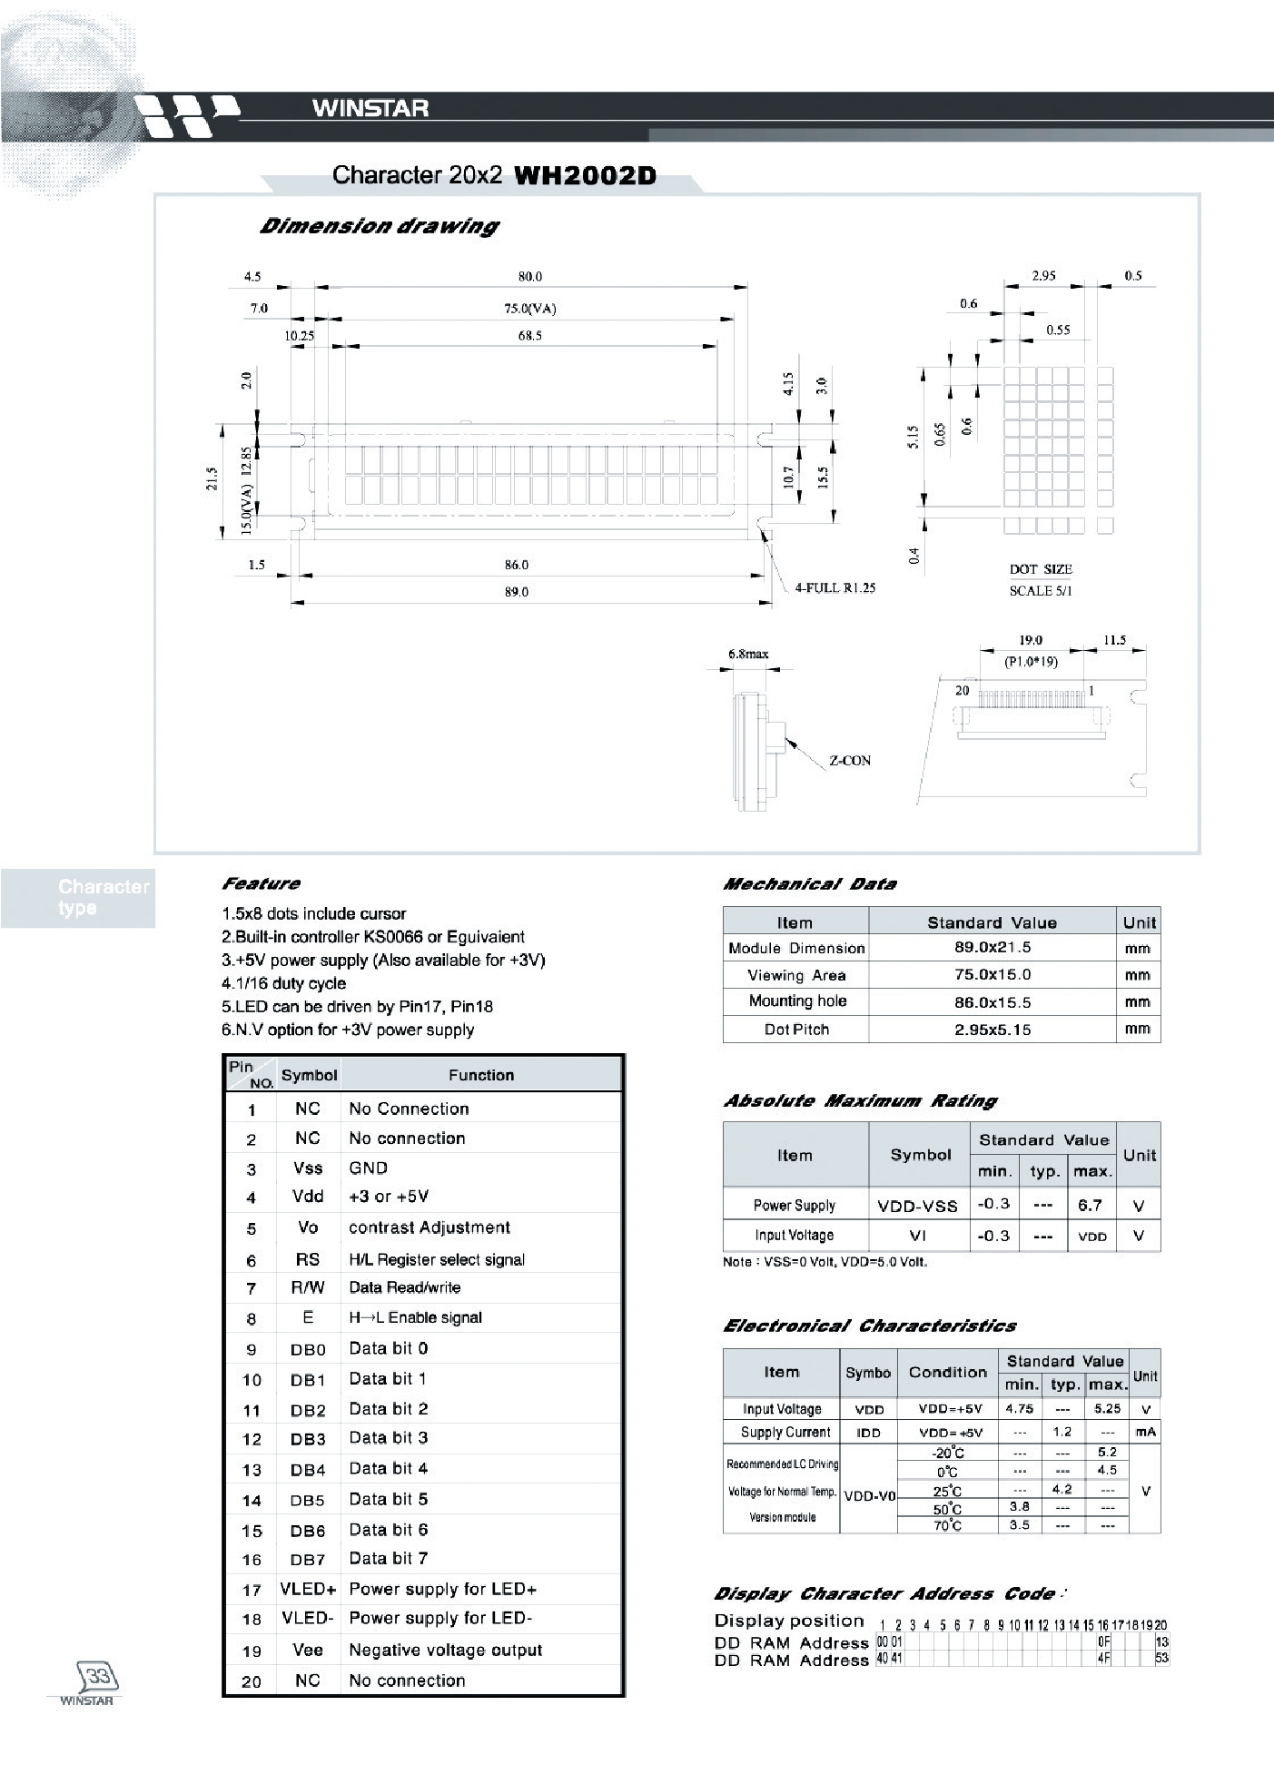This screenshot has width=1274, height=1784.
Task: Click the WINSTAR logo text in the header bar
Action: coord(370,108)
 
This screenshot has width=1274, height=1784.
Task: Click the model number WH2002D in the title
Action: coord(585,175)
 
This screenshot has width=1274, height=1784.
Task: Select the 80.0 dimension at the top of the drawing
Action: coord(530,276)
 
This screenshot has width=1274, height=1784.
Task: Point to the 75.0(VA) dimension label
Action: coord(530,308)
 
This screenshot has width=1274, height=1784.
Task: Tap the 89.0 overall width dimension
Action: coord(516,592)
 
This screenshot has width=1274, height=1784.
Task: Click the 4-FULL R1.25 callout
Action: coord(835,588)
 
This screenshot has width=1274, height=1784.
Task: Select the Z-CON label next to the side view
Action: coord(849,761)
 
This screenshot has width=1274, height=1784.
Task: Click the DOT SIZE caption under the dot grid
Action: coord(1041,569)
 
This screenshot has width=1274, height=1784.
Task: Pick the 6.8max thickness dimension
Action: coord(748,654)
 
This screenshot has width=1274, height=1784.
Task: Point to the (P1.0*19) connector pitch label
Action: coord(1031,662)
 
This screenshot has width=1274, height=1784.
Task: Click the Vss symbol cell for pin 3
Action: coord(308,1168)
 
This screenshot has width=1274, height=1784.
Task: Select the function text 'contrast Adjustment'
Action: coord(429,1227)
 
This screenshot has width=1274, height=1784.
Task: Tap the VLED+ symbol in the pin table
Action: coord(308,1589)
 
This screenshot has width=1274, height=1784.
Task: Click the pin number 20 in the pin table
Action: coord(252,1681)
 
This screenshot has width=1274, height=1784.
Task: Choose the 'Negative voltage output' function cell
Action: coord(445,1650)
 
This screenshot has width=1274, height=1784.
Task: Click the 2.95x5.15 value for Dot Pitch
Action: coord(993,1030)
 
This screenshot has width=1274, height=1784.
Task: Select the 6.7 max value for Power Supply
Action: coord(1090,1206)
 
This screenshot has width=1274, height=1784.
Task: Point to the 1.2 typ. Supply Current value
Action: coord(1062,1432)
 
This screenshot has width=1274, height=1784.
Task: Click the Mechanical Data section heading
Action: coord(809,884)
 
